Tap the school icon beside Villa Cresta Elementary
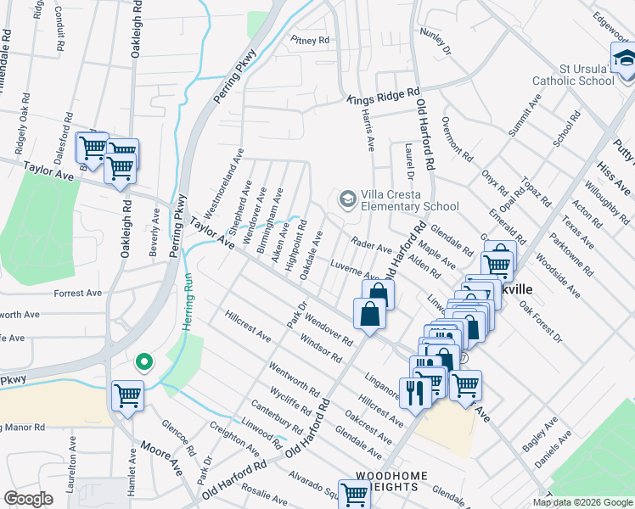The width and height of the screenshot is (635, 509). [347, 199]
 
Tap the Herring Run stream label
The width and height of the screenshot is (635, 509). [189, 303]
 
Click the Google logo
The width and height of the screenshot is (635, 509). [29, 499]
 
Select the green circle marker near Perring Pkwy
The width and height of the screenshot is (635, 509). [144, 362]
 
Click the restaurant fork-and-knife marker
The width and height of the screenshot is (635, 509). [415, 391]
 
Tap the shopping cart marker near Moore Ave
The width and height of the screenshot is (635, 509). [127, 395]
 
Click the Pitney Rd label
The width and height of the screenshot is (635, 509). [309, 40]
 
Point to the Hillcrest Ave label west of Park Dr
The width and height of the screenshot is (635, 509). [248, 326]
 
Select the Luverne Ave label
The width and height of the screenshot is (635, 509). [354, 270]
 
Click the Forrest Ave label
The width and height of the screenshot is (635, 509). [77, 294]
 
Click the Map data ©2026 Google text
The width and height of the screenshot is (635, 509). [582, 502]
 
